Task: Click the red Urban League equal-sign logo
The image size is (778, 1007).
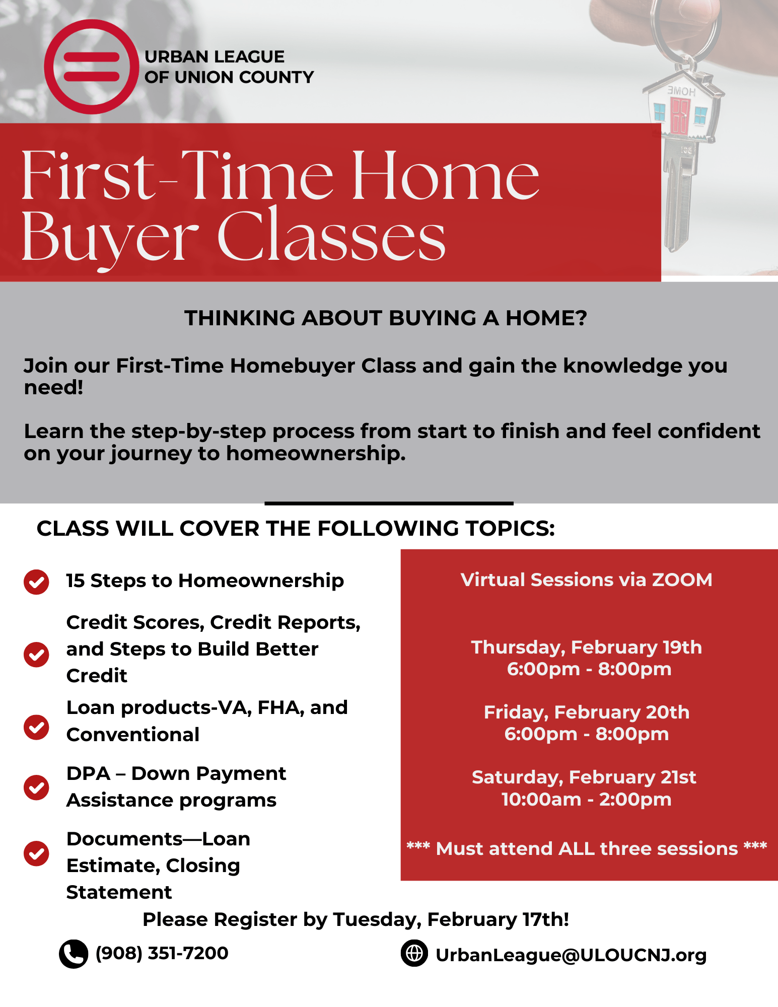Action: tap(91, 66)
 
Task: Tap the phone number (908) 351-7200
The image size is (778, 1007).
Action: tap(162, 953)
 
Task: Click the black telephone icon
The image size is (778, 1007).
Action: tap(74, 954)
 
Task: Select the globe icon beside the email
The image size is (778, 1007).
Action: tap(414, 953)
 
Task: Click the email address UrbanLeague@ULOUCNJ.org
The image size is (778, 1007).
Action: tap(571, 955)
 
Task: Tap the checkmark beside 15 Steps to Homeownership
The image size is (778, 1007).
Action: tap(36, 582)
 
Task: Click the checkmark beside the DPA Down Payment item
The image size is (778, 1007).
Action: tap(36, 787)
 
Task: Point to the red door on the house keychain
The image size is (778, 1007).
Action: tap(679, 116)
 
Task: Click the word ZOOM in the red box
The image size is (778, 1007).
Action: tap(682, 580)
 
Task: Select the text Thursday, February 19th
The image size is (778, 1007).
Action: tap(587, 648)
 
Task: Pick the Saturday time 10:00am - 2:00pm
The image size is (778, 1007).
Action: tap(587, 800)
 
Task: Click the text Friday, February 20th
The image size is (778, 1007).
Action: tap(587, 712)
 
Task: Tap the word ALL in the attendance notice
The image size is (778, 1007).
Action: tap(577, 849)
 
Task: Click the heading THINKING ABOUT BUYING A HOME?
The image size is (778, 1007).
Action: tap(386, 318)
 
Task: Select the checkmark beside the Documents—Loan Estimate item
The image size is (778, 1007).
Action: tap(36, 853)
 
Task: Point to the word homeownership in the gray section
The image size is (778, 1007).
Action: tap(316, 454)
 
